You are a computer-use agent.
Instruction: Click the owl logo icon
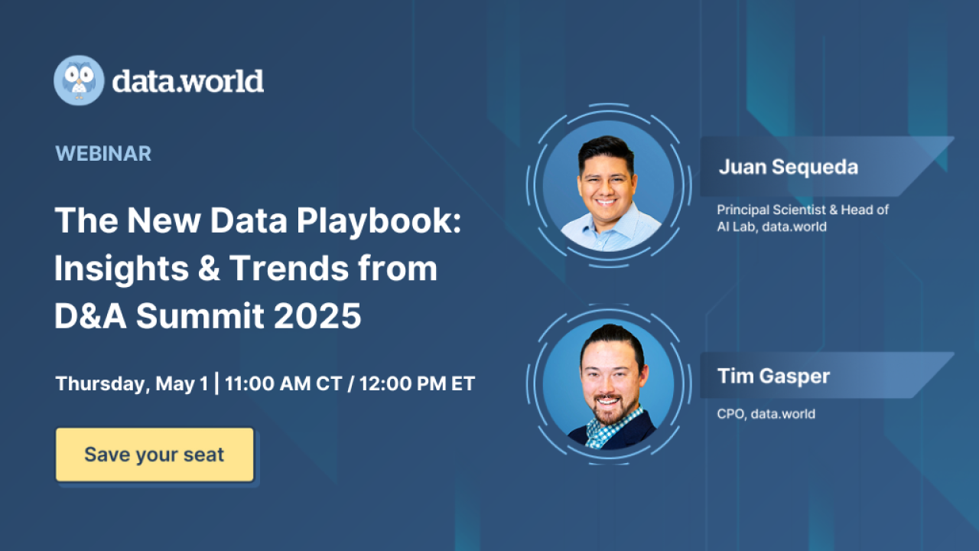[79, 80]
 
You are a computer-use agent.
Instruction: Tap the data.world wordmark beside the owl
[188, 81]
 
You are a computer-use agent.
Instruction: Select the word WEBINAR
[103, 153]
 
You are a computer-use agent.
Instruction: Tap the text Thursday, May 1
[131, 383]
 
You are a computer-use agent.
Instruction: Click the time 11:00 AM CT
[282, 383]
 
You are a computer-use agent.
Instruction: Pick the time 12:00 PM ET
[413, 383]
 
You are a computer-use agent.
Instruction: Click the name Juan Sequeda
[788, 168]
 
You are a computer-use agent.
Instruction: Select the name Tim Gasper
[773, 376]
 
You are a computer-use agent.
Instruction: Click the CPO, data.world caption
[766, 414]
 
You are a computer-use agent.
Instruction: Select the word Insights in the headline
[121, 269]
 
